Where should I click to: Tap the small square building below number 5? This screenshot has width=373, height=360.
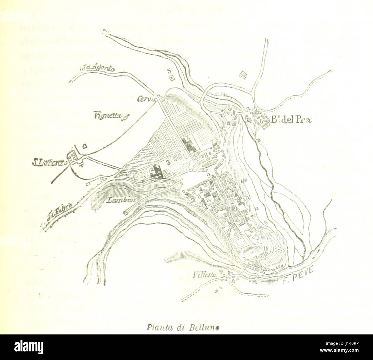pyautogui.click(x=172, y=78)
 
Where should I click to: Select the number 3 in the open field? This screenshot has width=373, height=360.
pyautogui.click(x=168, y=162)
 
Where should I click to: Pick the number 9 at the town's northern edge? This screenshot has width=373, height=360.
pyautogui.click(x=209, y=175)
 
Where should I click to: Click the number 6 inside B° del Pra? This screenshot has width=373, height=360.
pyautogui.click(x=261, y=121)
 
